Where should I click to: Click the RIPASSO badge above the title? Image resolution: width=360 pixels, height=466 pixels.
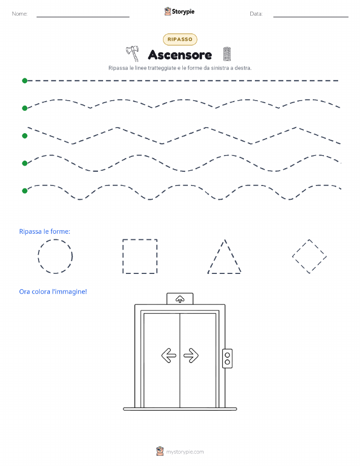[180, 40]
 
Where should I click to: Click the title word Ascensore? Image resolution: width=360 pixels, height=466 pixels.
[180, 55]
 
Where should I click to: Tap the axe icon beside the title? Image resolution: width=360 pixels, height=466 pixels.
[133, 53]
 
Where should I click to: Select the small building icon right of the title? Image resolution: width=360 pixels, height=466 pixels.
[226, 54]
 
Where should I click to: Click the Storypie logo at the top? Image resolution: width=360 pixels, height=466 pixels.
[179, 12]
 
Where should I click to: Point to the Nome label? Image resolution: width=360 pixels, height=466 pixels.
[20, 14]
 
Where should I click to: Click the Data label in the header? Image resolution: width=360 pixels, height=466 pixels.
[256, 14]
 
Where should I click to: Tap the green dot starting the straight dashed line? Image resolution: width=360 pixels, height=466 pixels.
[25, 81]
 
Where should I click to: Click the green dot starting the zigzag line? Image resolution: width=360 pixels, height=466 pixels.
[25, 136]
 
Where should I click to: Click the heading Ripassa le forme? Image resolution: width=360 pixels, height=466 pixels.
[45, 231]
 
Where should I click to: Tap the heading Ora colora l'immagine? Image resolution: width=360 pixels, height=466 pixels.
[53, 292]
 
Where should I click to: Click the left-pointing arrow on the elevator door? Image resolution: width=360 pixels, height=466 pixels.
[169, 355]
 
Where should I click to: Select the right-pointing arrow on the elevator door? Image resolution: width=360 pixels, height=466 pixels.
[191, 355]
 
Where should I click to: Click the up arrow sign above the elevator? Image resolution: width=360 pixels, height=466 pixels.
[180, 299]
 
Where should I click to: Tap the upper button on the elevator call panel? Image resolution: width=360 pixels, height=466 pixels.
[227, 355]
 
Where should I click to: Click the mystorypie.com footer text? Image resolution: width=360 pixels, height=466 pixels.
[185, 452]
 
